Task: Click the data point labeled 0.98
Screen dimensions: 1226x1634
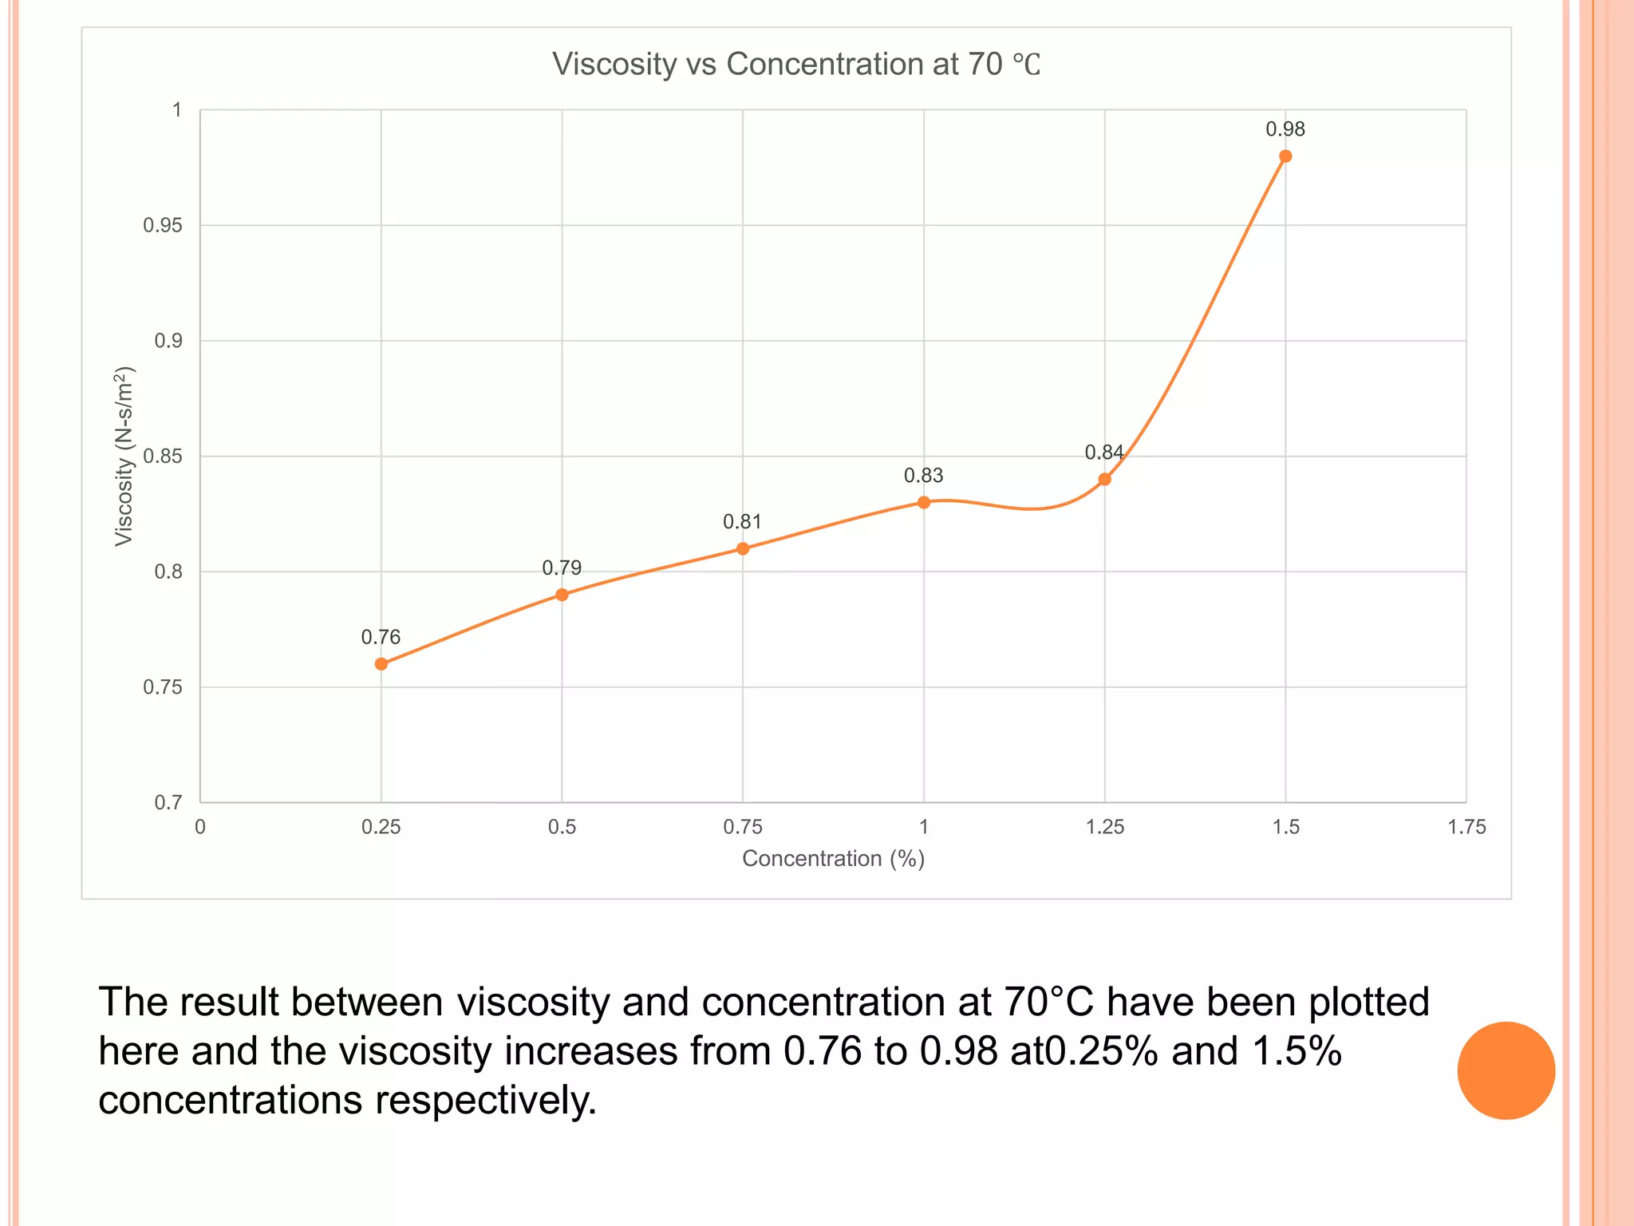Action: (1285, 156)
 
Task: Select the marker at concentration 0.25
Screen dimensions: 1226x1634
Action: (381, 664)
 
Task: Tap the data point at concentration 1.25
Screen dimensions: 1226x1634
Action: (1105, 479)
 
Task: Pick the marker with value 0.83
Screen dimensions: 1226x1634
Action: (924, 502)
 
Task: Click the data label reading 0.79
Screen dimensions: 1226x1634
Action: (562, 568)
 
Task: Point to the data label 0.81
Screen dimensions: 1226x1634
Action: (742, 522)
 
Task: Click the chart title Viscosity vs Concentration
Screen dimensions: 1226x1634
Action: (795, 65)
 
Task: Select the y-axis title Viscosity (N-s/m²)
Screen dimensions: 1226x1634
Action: (124, 456)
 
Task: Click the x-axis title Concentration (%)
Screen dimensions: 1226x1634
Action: (833, 859)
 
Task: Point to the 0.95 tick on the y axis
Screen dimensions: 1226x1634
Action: (163, 226)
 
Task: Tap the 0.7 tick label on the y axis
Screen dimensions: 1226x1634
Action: (168, 803)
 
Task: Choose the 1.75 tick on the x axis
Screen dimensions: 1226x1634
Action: (1466, 828)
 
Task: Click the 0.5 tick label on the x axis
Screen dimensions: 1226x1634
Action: (562, 828)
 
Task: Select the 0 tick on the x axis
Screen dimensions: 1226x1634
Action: (200, 828)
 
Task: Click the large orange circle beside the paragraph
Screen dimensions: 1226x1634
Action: (1506, 1070)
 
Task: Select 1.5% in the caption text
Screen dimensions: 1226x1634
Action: (1297, 1051)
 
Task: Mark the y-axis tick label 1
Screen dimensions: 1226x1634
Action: (177, 110)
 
